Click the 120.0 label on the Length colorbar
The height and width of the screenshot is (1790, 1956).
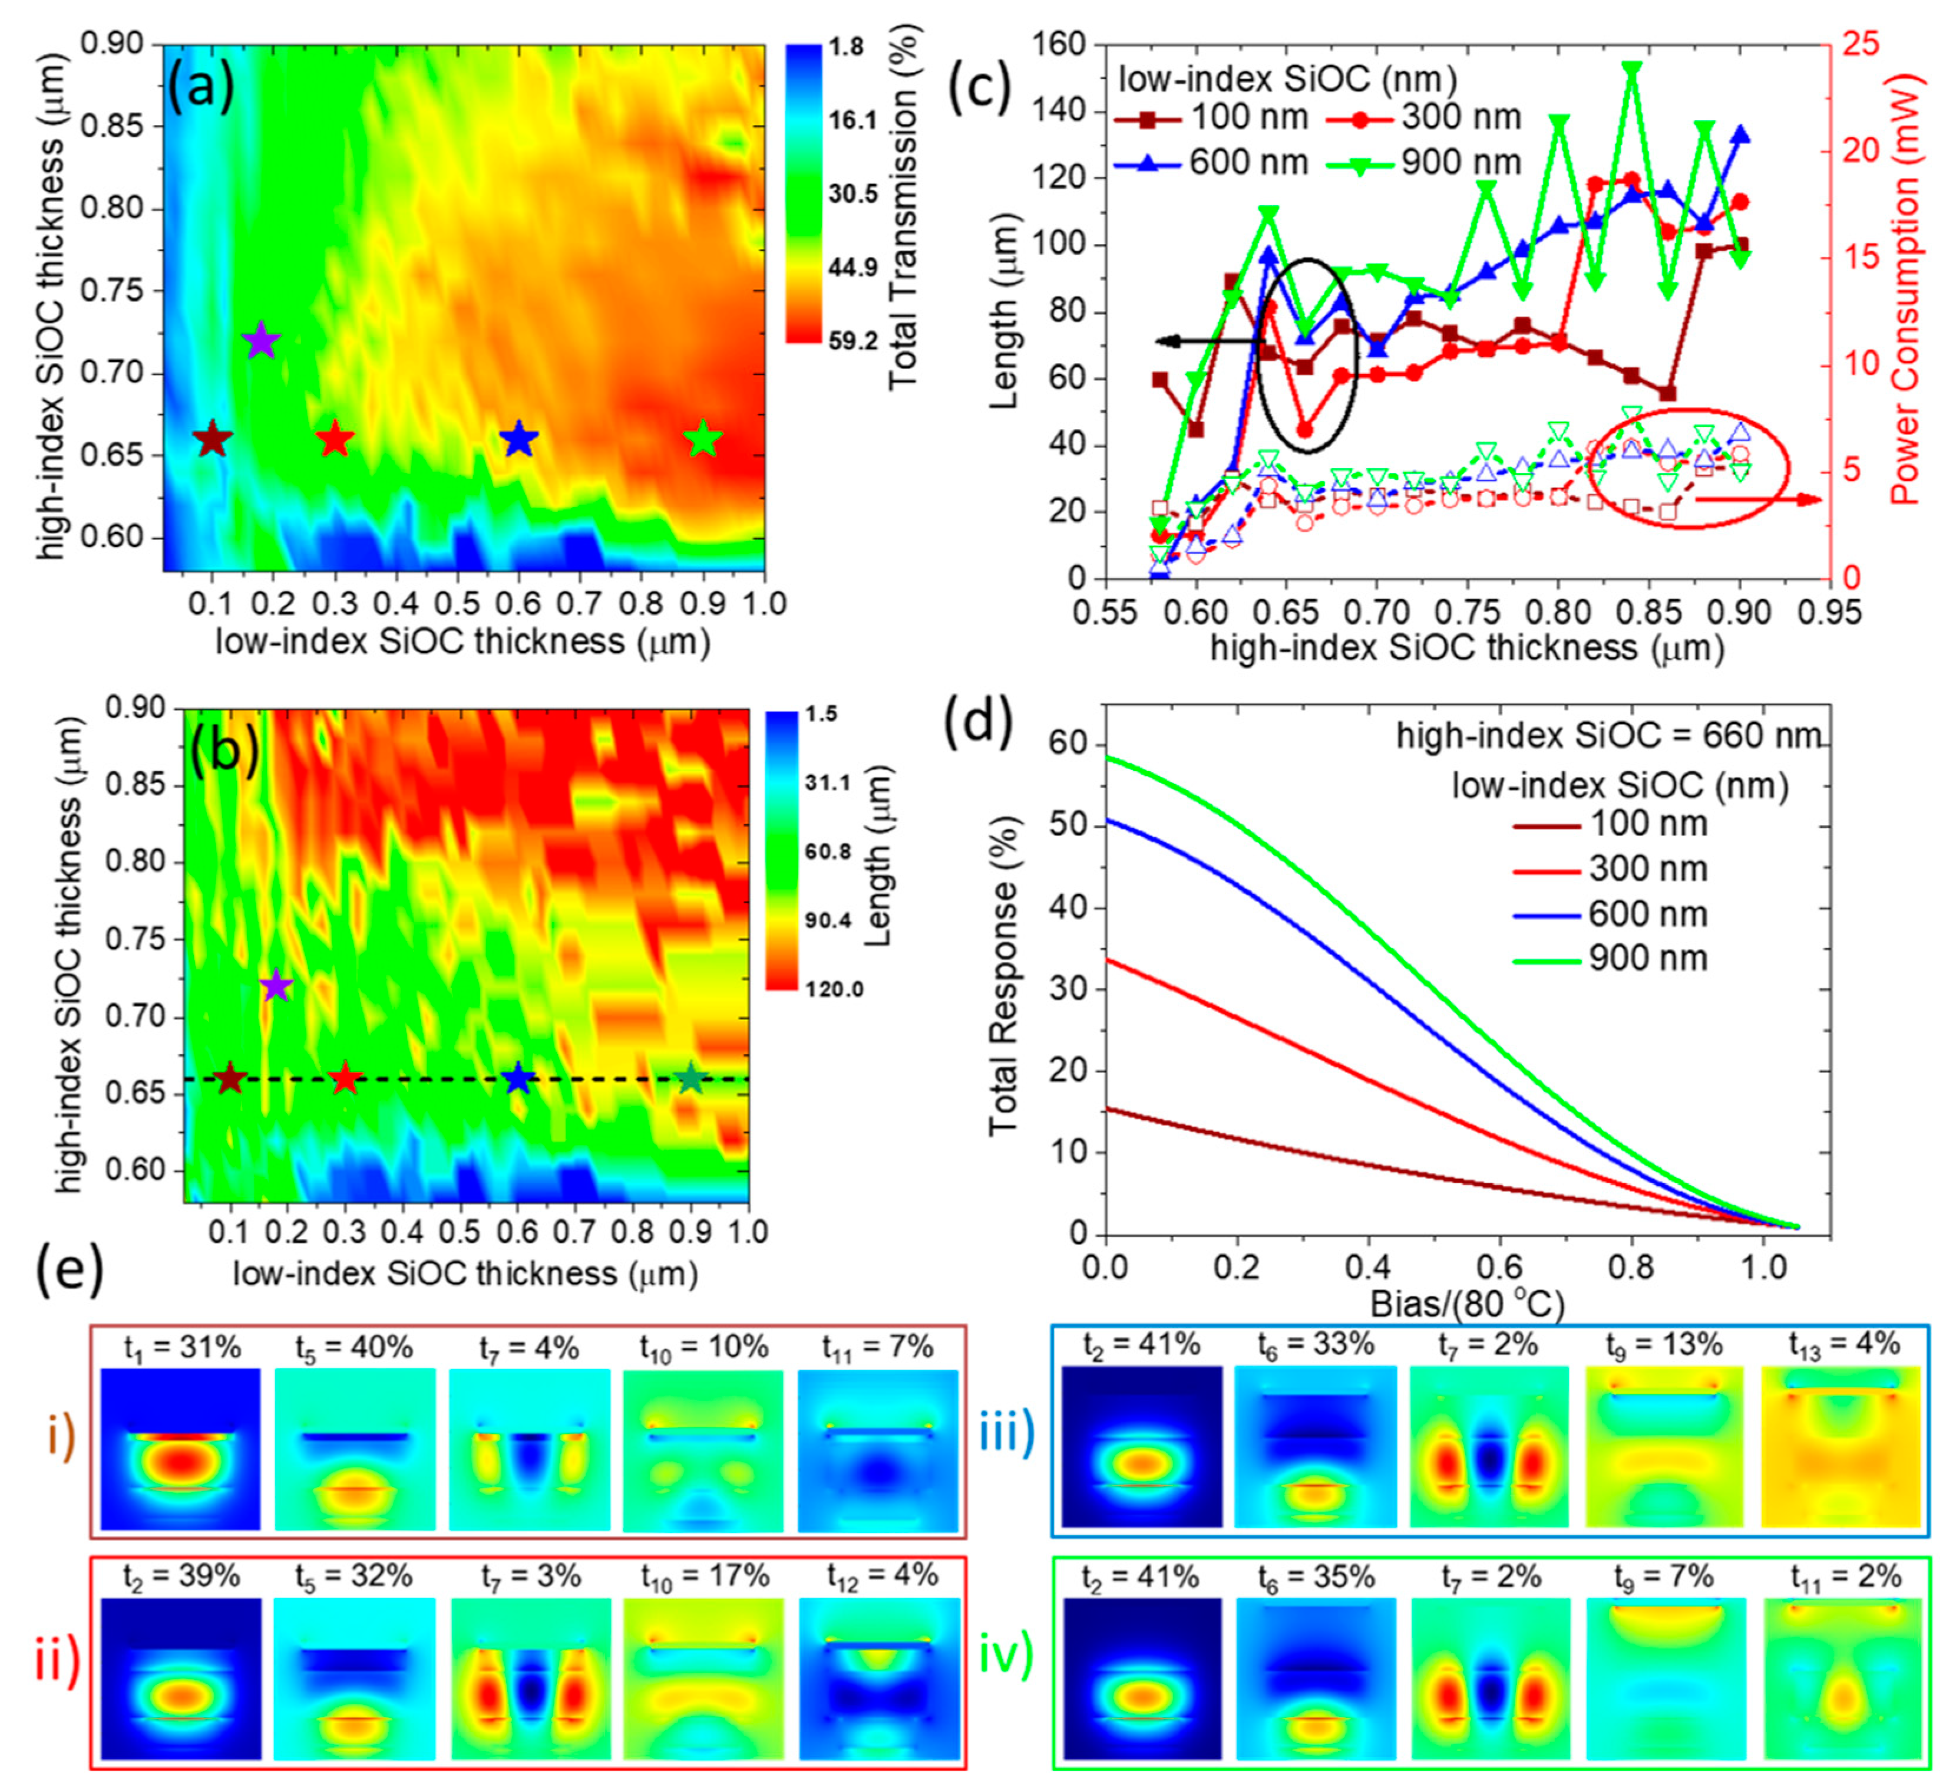[828, 989]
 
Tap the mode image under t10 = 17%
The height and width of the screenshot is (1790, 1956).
[703, 1679]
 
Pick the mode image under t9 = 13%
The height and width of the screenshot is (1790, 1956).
[1666, 1446]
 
